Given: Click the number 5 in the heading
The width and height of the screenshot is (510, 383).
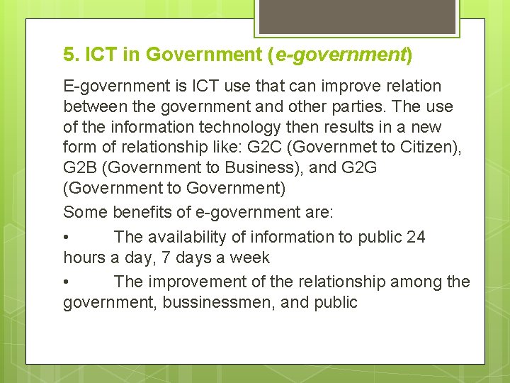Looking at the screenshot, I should pos(68,55).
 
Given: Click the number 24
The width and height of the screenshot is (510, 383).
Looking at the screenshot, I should pos(416,237).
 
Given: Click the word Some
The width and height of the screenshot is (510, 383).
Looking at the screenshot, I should pos(83,212).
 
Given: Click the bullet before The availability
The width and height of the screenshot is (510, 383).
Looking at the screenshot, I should pos(67,238).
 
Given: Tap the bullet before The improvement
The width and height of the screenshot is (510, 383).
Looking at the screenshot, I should pos(67,282).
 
